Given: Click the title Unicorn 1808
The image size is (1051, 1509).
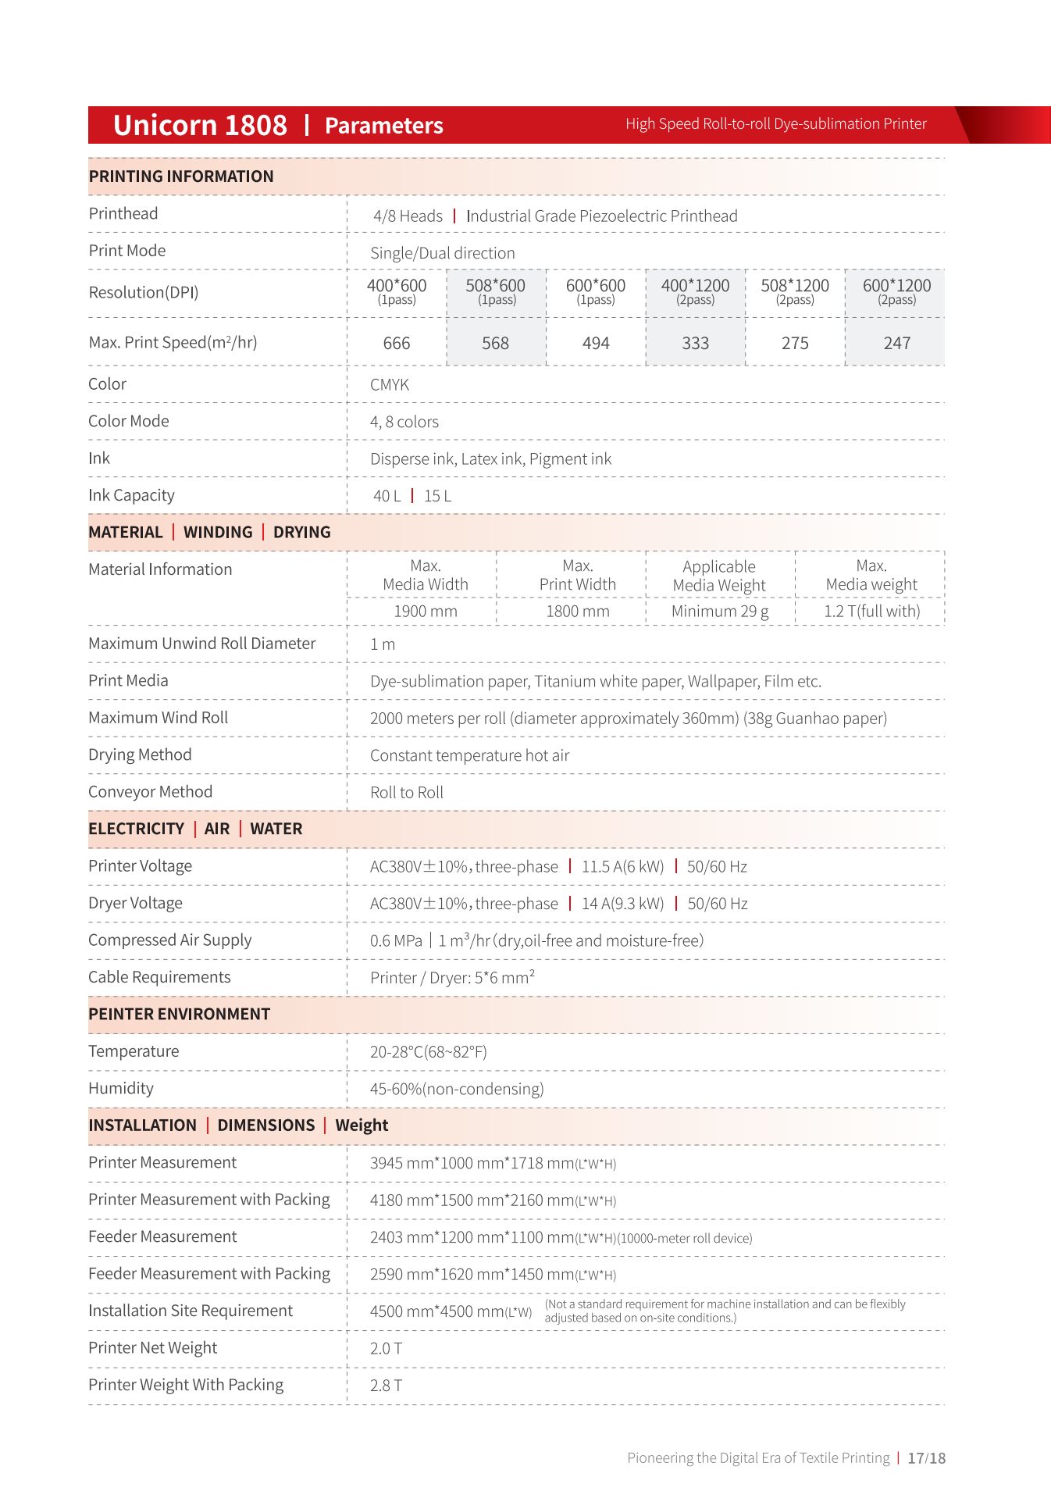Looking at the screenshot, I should pyautogui.click(x=200, y=126).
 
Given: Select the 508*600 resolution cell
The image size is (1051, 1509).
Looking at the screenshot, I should pyautogui.click(x=496, y=292).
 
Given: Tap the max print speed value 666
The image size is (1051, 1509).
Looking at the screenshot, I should pyautogui.click(x=397, y=344).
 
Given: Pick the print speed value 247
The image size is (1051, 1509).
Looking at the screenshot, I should pyautogui.click(x=896, y=344).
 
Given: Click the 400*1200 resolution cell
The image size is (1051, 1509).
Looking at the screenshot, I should pyautogui.click(x=695, y=292).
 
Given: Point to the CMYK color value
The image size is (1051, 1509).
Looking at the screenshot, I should pyautogui.click(x=390, y=385).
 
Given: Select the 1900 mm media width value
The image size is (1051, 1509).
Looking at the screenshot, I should pyautogui.click(x=426, y=612).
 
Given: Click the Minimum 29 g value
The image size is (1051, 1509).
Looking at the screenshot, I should pyautogui.click(x=720, y=612).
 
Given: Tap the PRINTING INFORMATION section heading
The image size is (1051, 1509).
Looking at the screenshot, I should pyautogui.click(x=181, y=177).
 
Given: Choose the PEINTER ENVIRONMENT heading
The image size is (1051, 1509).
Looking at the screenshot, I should pyautogui.click(x=179, y=1015).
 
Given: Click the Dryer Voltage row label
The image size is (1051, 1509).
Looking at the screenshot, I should pyautogui.click(x=135, y=904).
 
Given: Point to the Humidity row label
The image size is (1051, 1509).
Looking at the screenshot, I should pyautogui.click(x=121, y=1089).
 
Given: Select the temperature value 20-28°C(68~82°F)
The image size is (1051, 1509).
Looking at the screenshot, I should pyautogui.click(x=429, y=1052).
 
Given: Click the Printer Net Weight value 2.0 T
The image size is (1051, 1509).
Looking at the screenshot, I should pyautogui.click(x=386, y=1349).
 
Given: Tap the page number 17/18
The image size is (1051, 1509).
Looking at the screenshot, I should pyautogui.click(x=926, y=1458).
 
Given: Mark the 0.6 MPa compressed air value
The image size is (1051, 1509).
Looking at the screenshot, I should pyautogui.click(x=396, y=941).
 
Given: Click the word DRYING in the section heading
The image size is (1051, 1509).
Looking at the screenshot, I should pyautogui.click(x=301, y=533).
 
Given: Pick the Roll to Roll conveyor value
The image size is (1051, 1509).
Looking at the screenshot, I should pyautogui.click(x=407, y=793).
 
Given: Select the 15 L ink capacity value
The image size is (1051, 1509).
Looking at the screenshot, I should pyautogui.click(x=437, y=497).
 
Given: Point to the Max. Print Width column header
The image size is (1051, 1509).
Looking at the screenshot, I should pyautogui.click(x=578, y=575).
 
